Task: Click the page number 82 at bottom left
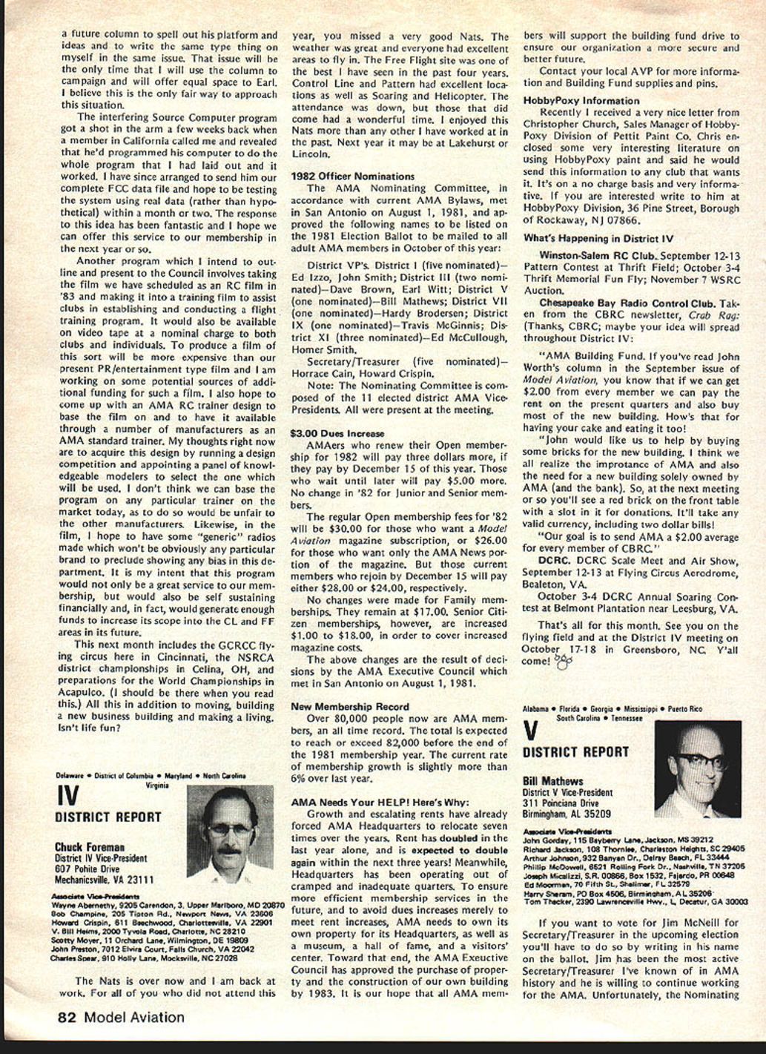(x=68, y=1018)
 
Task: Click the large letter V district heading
(x=530, y=731)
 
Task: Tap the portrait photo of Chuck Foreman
(x=230, y=833)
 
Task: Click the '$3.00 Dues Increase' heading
(x=337, y=433)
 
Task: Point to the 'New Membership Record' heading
(x=350, y=707)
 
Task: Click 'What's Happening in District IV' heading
(x=598, y=239)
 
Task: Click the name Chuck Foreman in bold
(x=89, y=847)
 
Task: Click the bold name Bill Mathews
(x=552, y=781)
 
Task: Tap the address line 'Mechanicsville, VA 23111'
(x=104, y=880)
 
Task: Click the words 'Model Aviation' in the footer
(x=134, y=1018)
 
